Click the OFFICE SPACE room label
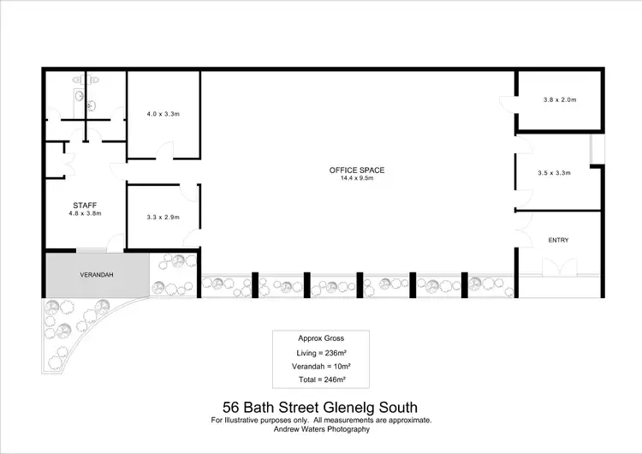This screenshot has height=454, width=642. tap(357, 170)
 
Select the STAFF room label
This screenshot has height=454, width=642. tap(85, 205)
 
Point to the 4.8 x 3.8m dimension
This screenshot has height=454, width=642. tap(85, 213)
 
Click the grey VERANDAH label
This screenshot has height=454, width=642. tap(97, 275)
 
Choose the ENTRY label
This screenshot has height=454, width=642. tap(558, 240)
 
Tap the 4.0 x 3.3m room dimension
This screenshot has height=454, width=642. tap(163, 114)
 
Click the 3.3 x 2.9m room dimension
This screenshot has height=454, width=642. tap(163, 217)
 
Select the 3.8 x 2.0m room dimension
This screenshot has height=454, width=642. tap(560, 100)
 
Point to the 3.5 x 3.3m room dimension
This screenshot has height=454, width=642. tap(555, 173)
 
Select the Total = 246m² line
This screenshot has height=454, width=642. tap(320, 379)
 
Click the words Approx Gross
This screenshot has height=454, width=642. tap(320, 338)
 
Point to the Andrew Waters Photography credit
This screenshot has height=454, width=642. tap(320, 428)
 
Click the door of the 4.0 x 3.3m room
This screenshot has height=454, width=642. tap(161, 154)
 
